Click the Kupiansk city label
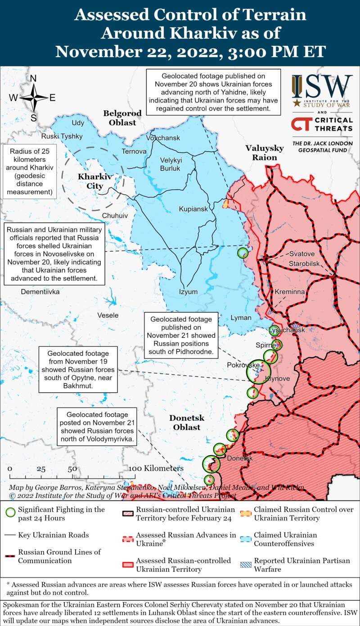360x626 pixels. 193,209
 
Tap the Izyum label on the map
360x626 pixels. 188,291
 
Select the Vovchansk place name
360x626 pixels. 163,138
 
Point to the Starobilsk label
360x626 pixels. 304,263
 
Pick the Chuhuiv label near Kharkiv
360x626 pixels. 115,216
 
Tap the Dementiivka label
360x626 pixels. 41,292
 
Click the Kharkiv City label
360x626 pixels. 90,181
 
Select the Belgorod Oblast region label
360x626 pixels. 122,117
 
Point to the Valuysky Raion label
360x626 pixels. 264,153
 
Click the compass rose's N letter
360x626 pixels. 33,79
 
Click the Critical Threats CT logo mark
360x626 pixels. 300,124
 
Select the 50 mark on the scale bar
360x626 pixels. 72,469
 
